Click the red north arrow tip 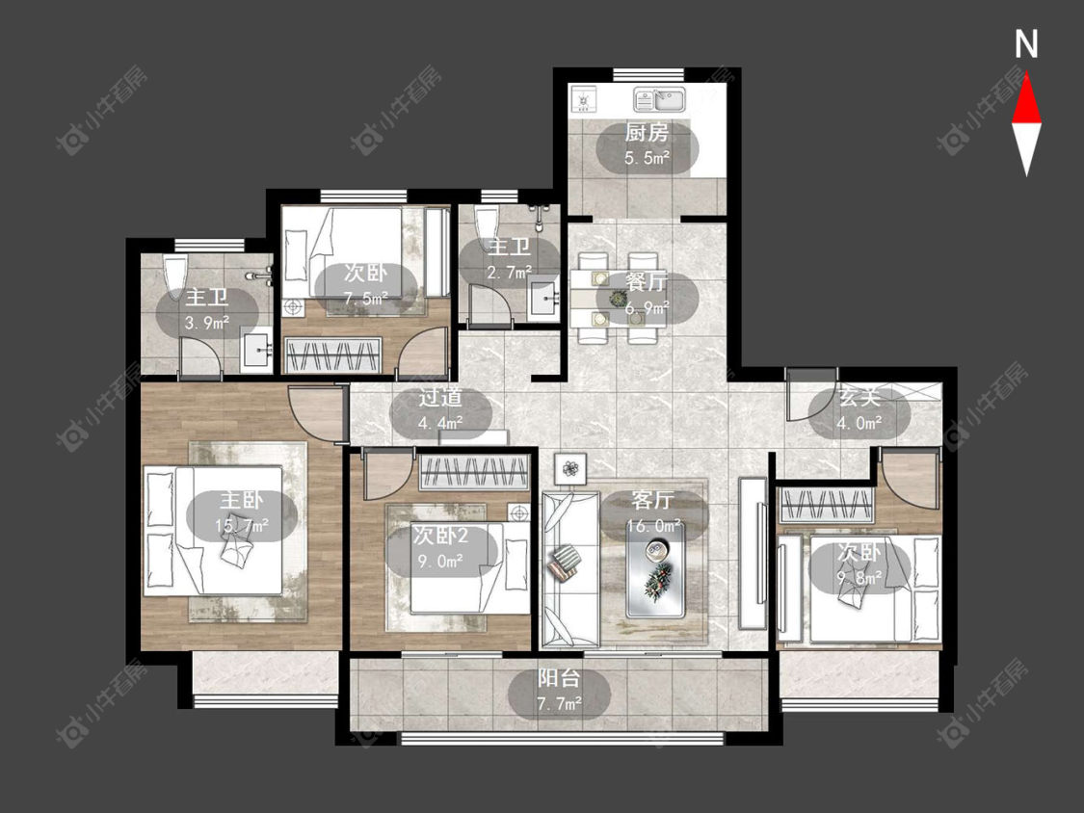click(1026, 74)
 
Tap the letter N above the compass click(1026, 44)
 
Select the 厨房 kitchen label click(648, 131)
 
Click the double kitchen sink click(659, 99)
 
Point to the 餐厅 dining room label click(647, 281)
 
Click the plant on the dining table click(618, 298)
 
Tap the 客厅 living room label click(652, 499)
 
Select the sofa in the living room click(569, 569)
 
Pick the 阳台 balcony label click(559, 678)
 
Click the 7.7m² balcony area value click(559, 704)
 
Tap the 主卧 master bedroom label click(241, 500)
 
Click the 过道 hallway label click(440, 398)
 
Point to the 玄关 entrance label click(859, 398)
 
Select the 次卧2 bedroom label click(440, 535)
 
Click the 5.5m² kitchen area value click(648, 158)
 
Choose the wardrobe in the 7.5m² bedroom click(334, 354)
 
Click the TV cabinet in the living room click(753, 553)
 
